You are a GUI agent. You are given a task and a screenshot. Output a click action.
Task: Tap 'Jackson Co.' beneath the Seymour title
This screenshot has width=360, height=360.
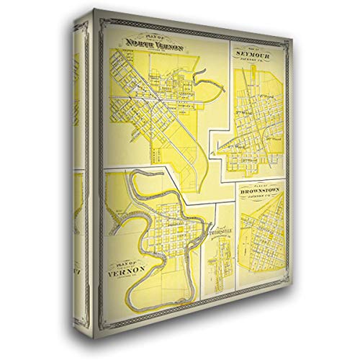click(x=252, y=61)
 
